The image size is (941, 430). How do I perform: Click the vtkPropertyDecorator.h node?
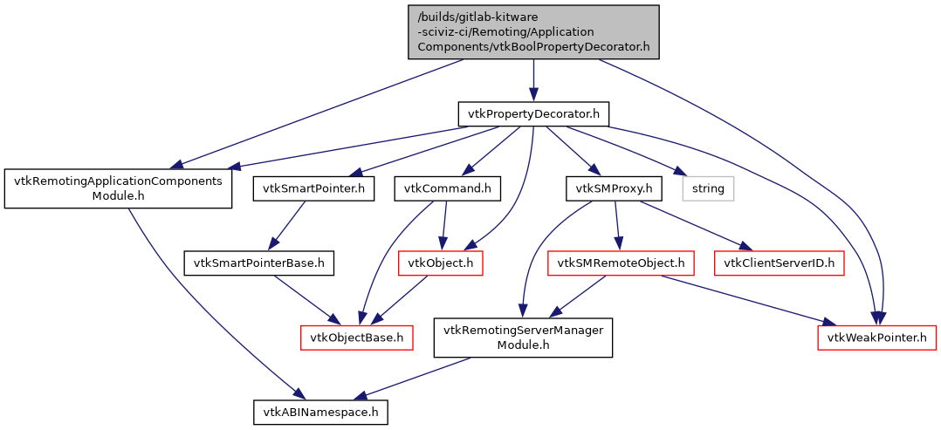tap(533, 113)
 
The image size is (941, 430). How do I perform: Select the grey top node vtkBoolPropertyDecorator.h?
tap(533, 32)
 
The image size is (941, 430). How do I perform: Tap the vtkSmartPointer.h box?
tap(314, 188)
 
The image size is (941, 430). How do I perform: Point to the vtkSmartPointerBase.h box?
tap(259, 262)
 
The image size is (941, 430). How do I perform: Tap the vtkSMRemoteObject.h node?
tap(621, 262)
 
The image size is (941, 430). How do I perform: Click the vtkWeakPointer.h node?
tap(876, 337)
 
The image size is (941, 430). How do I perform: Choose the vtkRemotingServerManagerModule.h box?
tap(523, 337)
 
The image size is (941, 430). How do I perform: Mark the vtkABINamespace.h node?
tap(320, 411)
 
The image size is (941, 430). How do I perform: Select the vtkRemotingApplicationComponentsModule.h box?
tap(118, 188)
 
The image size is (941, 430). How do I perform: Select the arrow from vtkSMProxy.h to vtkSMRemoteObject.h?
tap(617, 225)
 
